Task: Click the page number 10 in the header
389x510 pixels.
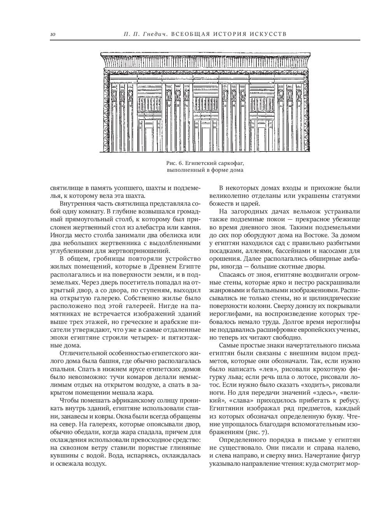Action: (x=53, y=35)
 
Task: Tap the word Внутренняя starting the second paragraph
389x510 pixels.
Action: (x=77, y=203)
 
